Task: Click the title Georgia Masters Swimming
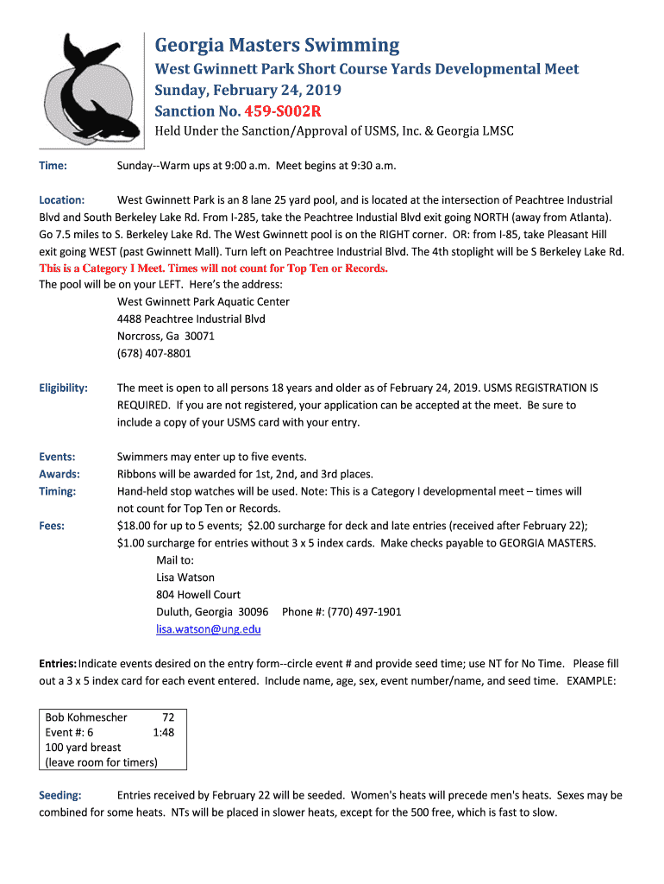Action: point(277,45)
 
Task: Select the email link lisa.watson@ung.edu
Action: point(208,629)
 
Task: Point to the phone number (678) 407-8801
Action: point(154,353)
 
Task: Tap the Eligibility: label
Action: point(64,388)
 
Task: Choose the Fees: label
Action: point(53,525)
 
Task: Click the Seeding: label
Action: point(60,795)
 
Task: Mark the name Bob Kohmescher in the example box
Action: point(86,717)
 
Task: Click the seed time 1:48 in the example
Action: point(163,732)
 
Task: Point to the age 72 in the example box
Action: point(168,717)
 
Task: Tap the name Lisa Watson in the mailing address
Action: point(185,577)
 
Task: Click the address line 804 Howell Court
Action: point(198,595)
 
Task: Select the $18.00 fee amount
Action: point(135,525)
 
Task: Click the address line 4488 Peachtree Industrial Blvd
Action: point(191,319)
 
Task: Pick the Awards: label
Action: point(60,474)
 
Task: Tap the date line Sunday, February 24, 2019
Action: point(247,91)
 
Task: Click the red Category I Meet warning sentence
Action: point(214,268)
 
